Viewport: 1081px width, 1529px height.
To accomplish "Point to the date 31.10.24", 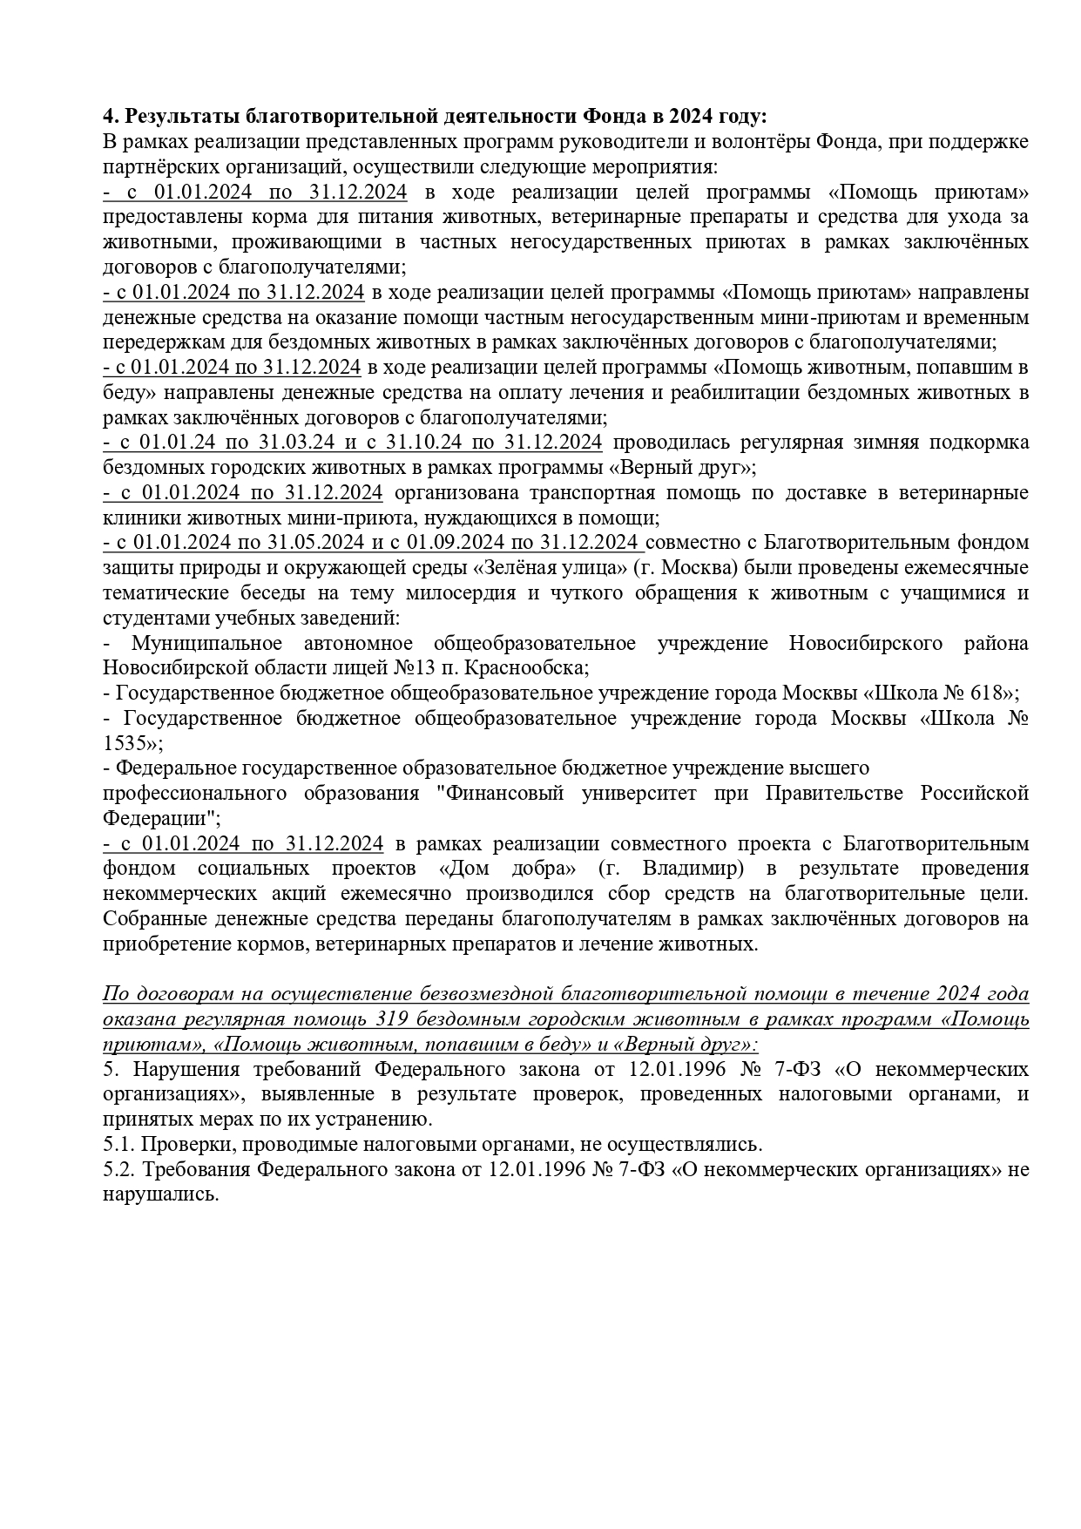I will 424,443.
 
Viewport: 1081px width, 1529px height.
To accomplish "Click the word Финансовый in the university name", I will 500,794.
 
